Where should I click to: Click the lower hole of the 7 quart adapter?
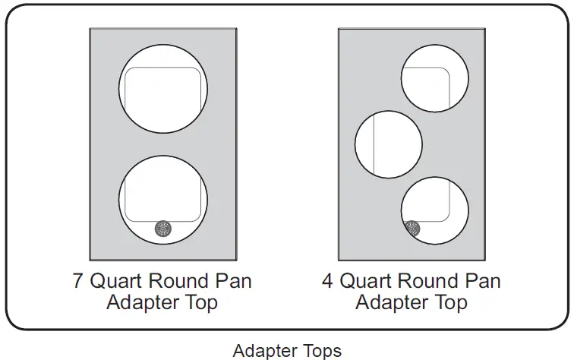pos(163,199)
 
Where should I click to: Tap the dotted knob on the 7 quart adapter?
pos(162,229)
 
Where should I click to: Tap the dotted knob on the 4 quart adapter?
pos(413,228)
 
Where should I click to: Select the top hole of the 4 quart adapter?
pos(434,78)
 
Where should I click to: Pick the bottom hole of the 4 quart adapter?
pos(434,210)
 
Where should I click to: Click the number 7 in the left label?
pos(78,280)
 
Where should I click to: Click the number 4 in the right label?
pos(327,280)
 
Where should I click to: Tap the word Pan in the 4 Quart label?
pos(483,280)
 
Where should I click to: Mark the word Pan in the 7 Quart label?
pos(233,280)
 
